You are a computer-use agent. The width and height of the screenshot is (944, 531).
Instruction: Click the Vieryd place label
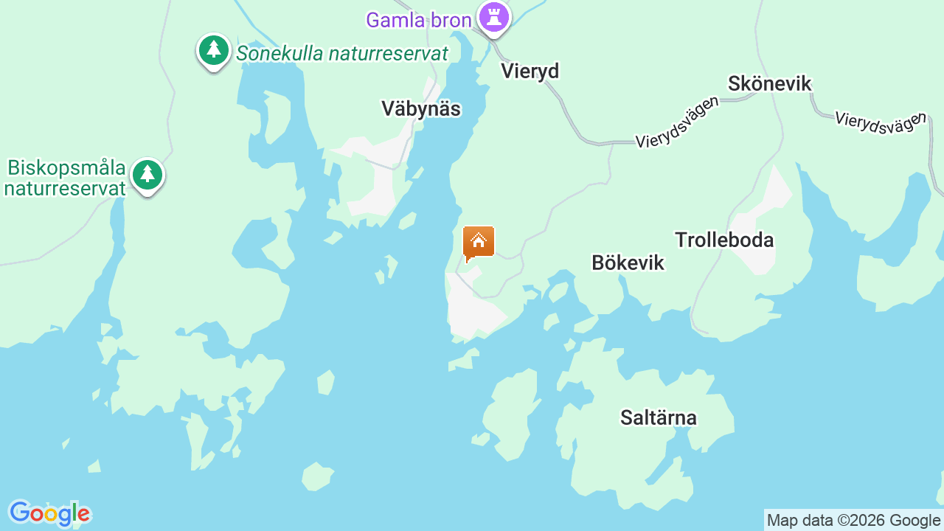pos(530,71)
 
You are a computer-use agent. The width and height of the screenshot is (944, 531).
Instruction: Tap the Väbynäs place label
pos(421,109)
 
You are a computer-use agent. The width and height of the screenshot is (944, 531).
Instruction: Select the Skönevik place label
pos(769,83)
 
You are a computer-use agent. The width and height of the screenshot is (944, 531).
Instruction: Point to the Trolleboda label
pos(724,240)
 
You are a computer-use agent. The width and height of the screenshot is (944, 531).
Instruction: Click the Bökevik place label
pos(628,263)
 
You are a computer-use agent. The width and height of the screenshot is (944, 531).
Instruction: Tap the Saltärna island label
pos(658,418)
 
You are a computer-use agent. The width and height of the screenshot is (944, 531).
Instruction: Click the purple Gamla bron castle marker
pos(493,17)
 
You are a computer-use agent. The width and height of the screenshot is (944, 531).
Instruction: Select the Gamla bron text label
pos(418,20)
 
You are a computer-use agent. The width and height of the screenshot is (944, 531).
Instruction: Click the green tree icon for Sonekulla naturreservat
pos(214,50)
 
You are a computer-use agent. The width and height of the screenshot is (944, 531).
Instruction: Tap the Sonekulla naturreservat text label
pos(342,53)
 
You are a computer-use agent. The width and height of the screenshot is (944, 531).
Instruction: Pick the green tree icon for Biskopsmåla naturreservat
pos(147,175)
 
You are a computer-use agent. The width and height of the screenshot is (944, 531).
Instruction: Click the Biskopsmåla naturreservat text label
pos(66,178)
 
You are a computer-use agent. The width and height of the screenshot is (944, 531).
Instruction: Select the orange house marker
pos(478,242)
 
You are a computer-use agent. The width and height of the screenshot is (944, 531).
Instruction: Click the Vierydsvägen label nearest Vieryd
pos(677,122)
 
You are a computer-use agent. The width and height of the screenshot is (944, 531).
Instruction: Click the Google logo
pos(49,513)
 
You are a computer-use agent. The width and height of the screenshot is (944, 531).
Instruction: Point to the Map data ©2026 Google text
pos(853,520)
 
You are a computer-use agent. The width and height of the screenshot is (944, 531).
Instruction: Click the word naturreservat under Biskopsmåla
pos(65,188)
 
